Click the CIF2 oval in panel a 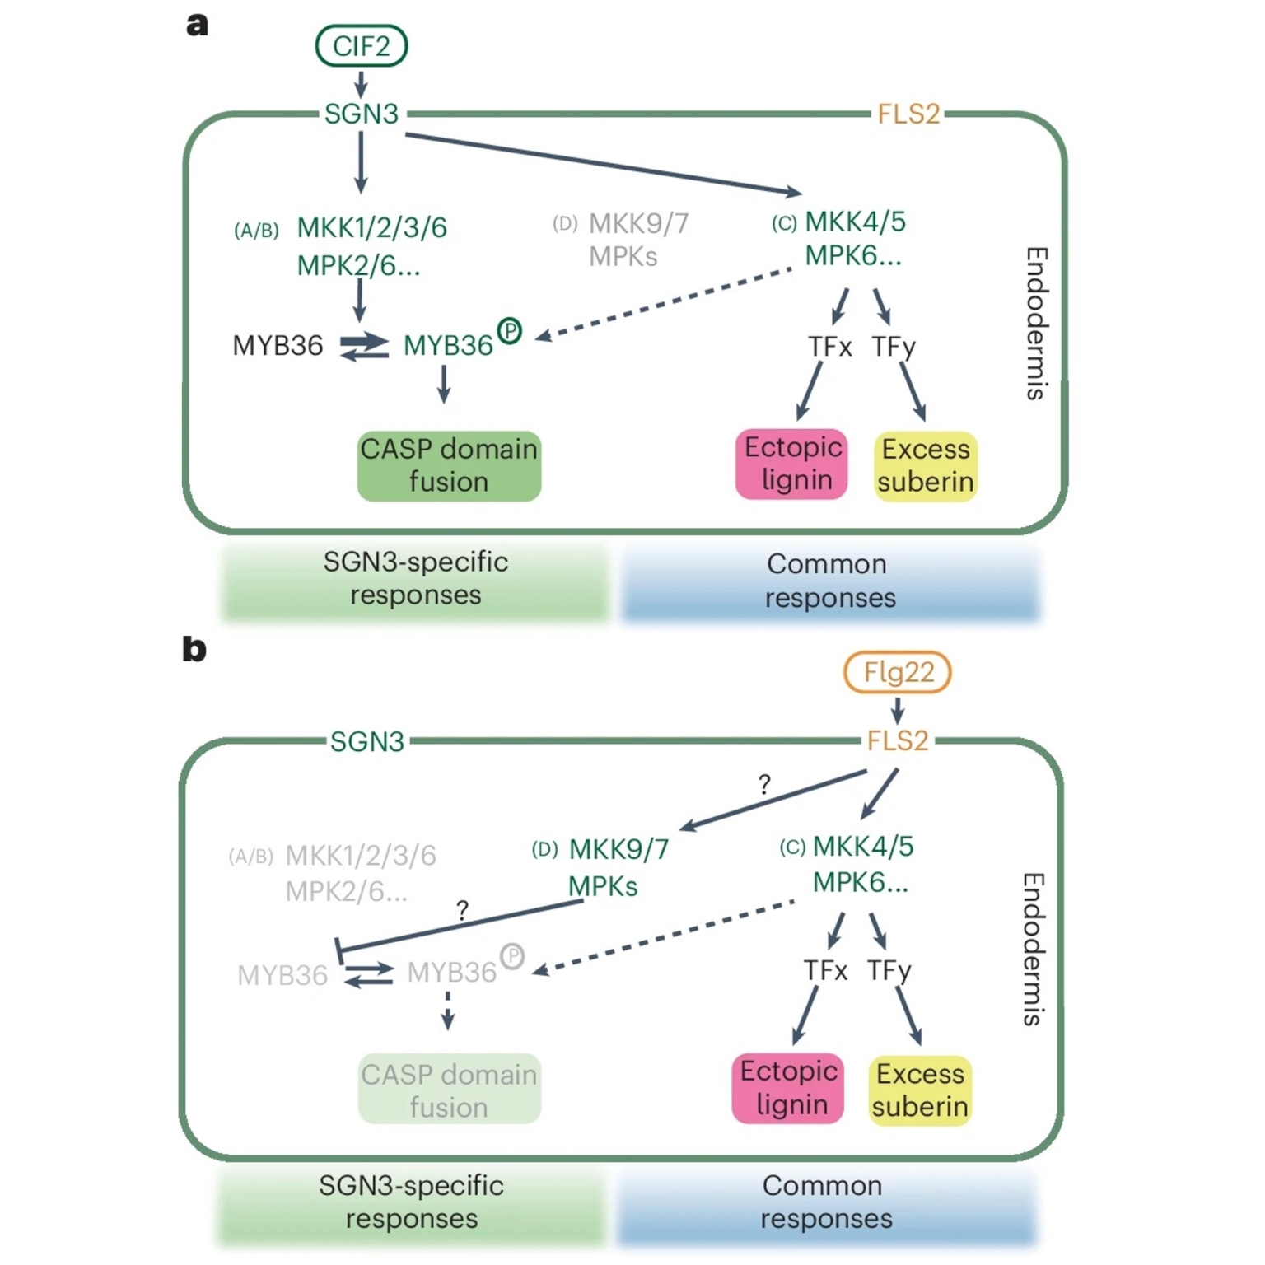(x=361, y=46)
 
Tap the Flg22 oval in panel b (x=898, y=672)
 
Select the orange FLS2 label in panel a (x=908, y=114)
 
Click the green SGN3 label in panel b (x=367, y=741)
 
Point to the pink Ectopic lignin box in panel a (x=792, y=464)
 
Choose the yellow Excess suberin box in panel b (x=920, y=1090)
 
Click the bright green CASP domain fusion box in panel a (x=449, y=466)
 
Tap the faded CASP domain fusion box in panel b (x=449, y=1090)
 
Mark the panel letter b (x=194, y=649)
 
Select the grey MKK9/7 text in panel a (x=639, y=223)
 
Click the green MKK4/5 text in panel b (x=862, y=846)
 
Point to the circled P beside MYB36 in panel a (x=510, y=331)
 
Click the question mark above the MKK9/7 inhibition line (x=462, y=910)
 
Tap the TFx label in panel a (x=829, y=347)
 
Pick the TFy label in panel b (x=889, y=971)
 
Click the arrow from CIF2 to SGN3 (x=361, y=84)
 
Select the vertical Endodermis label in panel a (x=1037, y=323)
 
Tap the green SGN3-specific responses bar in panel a (x=415, y=579)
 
